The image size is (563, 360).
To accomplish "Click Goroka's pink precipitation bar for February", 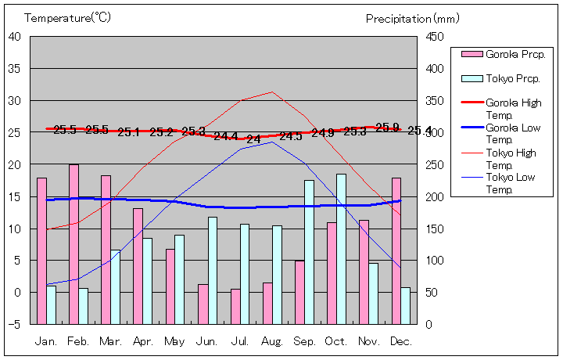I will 74,244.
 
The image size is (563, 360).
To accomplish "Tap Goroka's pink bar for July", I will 235,306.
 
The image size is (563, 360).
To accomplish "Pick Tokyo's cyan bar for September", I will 309,252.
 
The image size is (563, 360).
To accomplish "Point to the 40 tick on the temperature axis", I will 15,37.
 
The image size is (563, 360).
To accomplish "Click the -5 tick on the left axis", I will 15,324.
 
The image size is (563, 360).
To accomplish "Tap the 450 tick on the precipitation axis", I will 436,37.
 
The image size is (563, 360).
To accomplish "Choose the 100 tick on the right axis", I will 436,261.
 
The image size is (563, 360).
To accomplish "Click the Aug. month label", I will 272,342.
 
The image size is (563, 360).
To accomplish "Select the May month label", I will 175,342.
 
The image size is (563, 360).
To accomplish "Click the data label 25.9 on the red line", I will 387,127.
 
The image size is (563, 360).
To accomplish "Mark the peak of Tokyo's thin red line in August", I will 272,92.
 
